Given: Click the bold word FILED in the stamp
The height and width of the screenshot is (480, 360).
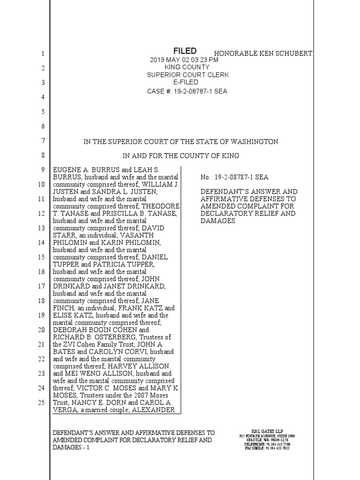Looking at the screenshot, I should (185, 51).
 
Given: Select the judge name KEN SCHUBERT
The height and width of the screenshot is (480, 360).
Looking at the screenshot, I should (285, 53).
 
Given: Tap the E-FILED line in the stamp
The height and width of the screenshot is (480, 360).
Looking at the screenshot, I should (186, 82).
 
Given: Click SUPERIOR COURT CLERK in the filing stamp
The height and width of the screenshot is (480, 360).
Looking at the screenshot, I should (188, 75).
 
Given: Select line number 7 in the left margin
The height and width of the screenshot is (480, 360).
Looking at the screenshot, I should (42, 141).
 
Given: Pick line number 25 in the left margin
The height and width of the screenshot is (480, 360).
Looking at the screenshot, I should (41, 402).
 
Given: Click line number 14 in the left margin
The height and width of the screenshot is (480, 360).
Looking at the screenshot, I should (41, 243).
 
